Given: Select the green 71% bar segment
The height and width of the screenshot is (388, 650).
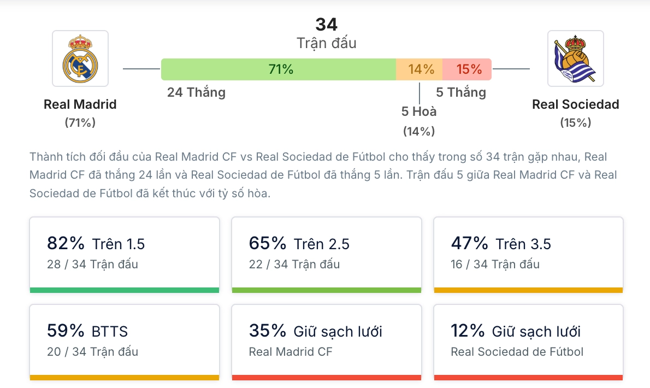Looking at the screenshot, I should pyautogui.click(x=278, y=69).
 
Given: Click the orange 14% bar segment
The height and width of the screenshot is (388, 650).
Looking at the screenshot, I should pyautogui.click(x=419, y=69).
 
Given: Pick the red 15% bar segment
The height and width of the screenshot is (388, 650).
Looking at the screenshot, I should pyautogui.click(x=468, y=69).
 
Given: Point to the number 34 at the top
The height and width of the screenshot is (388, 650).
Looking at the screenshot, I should pyautogui.click(x=326, y=24).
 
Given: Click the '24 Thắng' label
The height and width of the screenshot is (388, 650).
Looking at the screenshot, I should pyautogui.click(x=196, y=92).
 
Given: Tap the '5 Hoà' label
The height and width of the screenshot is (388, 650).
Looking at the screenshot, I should pyautogui.click(x=419, y=111).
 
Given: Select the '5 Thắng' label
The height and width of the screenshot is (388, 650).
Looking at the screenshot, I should pyautogui.click(x=461, y=92).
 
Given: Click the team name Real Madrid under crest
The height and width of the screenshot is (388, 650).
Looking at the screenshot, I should pyautogui.click(x=80, y=104).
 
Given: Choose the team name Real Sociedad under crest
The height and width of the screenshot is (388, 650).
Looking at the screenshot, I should pyautogui.click(x=575, y=104).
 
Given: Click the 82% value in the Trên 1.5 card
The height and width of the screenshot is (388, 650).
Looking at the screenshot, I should pyautogui.click(x=66, y=243).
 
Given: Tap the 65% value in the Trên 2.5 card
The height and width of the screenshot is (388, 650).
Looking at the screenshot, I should pyautogui.click(x=268, y=243).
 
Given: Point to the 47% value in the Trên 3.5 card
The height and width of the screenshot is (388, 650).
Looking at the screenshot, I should pyautogui.click(x=469, y=243).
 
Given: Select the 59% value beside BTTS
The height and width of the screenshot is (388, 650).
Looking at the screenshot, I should pyautogui.click(x=66, y=331).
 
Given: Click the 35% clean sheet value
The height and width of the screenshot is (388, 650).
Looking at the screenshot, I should pyautogui.click(x=268, y=331).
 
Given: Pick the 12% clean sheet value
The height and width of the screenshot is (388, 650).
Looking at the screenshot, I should pyautogui.click(x=468, y=331).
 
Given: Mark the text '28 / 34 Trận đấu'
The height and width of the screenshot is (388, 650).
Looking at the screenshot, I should pyautogui.click(x=92, y=264).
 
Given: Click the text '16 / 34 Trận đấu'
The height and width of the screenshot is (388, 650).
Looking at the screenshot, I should pyautogui.click(x=495, y=264).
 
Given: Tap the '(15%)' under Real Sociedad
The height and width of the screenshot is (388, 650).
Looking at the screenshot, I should pyautogui.click(x=575, y=123).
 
